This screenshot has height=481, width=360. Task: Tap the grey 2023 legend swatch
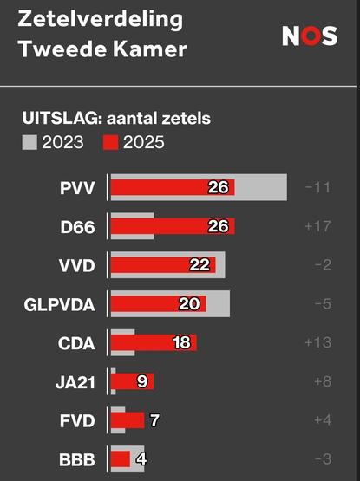[29, 142]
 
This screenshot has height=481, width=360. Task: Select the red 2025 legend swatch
[111, 142]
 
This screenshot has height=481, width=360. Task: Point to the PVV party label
[79, 188]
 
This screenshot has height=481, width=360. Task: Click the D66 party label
[79, 227]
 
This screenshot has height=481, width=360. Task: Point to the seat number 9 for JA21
[141, 381]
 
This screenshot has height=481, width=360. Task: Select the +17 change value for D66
[318, 227]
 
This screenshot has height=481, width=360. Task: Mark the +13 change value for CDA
[318, 342]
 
